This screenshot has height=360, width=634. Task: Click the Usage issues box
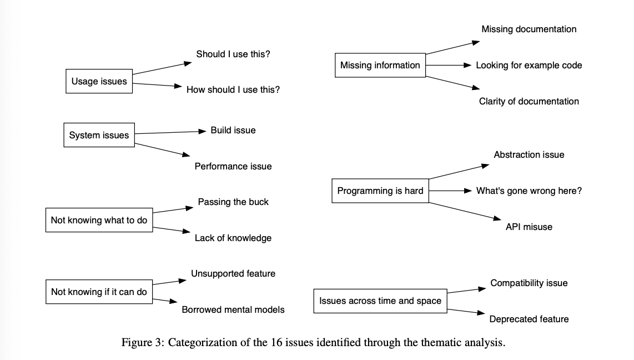click(x=99, y=82)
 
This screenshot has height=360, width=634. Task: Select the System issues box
click(x=99, y=135)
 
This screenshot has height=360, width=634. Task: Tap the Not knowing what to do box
click(x=99, y=220)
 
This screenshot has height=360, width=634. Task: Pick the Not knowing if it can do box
click(x=99, y=292)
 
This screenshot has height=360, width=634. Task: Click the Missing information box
click(x=380, y=65)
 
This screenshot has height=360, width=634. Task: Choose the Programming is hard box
click(x=380, y=191)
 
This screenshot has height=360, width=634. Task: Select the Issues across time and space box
click(x=380, y=301)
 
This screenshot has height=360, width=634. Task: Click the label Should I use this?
click(x=233, y=54)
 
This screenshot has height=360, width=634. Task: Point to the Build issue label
click(x=233, y=130)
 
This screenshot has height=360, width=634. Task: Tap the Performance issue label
click(x=233, y=166)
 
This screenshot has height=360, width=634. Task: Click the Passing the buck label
click(x=233, y=202)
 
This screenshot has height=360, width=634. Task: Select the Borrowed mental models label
click(x=233, y=309)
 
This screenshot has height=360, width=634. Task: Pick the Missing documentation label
click(x=529, y=29)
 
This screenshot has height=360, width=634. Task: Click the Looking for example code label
click(x=529, y=65)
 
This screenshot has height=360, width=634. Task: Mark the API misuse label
click(x=529, y=227)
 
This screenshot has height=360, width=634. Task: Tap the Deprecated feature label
click(x=529, y=319)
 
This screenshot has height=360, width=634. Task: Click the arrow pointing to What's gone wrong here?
click(x=450, y=191)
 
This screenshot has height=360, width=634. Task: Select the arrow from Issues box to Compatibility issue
click(x=466, y=291)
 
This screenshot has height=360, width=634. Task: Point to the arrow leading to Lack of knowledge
click(x=169, y=229)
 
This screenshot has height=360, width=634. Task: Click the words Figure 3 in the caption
click(x=143, y=342)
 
